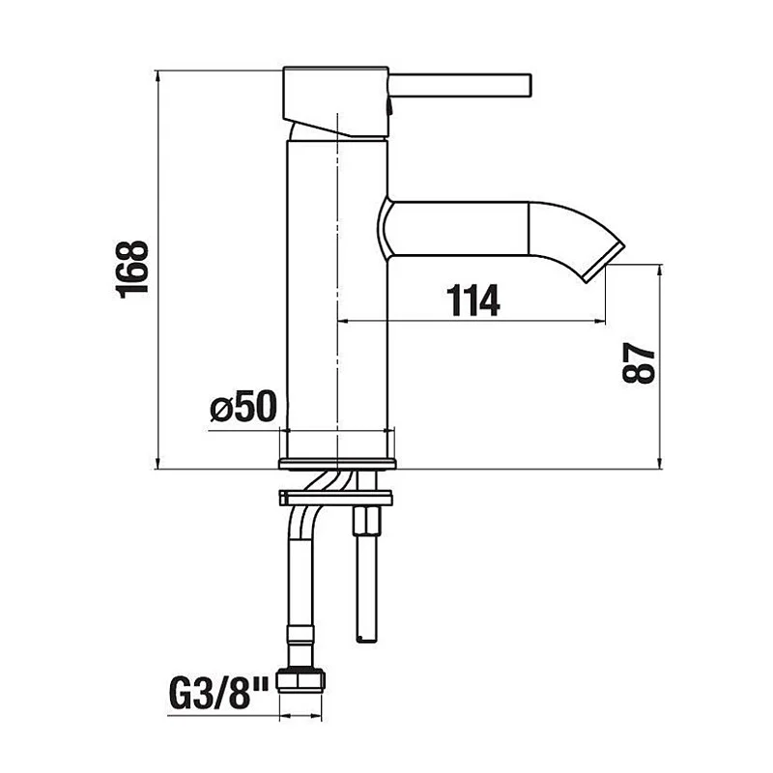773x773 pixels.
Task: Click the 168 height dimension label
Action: pyautogui.click(x=132, y=270)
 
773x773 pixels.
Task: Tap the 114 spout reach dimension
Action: pyautogui.click(x=472, y=301)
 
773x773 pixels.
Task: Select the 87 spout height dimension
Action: pyautogui.click(x=639, y=363)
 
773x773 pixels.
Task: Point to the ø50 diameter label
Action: pyautogui.click(x=243, y=406)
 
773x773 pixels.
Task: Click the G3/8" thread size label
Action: pyautogui.click(x=218, y=694)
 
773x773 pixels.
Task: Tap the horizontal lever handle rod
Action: pyautogui.click(x=460, y=86)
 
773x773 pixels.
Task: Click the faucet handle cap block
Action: pyautogui.click(x=336, y=101)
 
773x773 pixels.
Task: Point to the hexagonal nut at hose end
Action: pyautogui.click(x=300, y=680)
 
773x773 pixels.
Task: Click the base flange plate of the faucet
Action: pyautogui.click(x=337, y=464)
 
